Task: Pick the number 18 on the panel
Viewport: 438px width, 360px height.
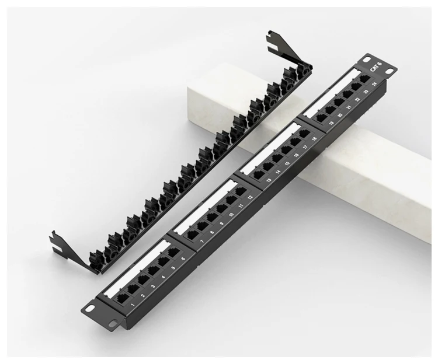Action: tap(314, 138)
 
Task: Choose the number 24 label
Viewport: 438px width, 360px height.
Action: tap(374, 85)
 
